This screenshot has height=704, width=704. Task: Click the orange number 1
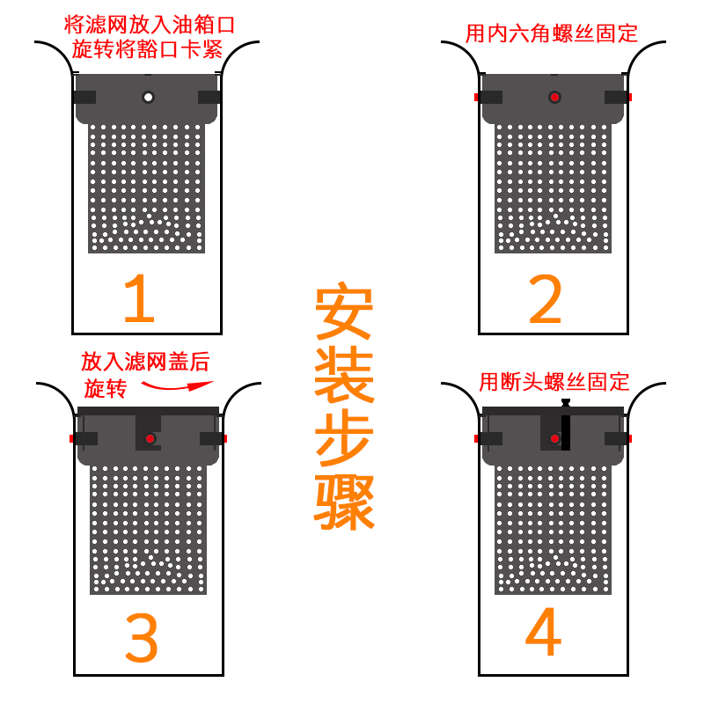[139, 300]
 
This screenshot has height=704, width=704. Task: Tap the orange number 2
[545, 302]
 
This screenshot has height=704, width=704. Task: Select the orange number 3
[141, 640]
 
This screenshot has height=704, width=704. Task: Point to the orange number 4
[543, 634]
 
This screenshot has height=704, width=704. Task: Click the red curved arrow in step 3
[179, 385]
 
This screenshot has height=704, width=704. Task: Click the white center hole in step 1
[148, 97]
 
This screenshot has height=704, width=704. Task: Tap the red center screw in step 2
[554, 97]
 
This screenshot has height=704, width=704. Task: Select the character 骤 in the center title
[345, 503]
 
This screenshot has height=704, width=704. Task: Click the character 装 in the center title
[345, 378]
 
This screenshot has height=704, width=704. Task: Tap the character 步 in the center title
[345, 440]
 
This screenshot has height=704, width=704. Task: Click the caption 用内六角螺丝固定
[552, 34]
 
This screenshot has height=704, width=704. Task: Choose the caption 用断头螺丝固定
[554, 382]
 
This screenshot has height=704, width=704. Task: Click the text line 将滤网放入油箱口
[150, 24]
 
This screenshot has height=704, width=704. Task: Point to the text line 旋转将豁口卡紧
[147, 48]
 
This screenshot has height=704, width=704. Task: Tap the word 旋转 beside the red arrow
[106, 388]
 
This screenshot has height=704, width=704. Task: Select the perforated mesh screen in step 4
[553, 528]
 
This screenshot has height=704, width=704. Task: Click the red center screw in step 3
[150, 438]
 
